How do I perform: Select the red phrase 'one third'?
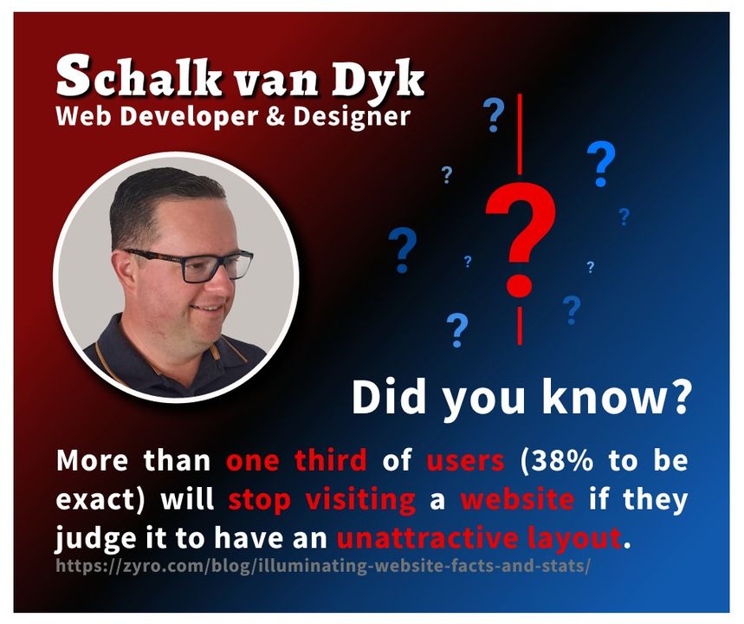[x=296, y=460]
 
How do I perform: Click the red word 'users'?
[x=465, y=460]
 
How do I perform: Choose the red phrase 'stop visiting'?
[x=322, y=500]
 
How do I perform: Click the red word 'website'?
[x=516, y=500]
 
